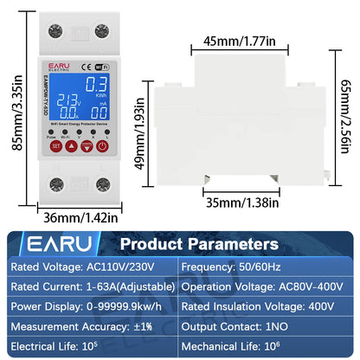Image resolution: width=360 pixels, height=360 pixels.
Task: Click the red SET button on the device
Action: click(x=55, y=146)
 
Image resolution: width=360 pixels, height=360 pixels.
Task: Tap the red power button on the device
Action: click(x=102, y=146)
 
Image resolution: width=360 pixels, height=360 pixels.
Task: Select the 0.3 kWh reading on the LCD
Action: click(x=97, y=85)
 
